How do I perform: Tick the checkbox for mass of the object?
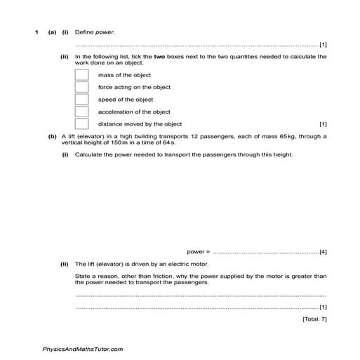click(81, 74)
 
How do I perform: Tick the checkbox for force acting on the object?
click(81, 87)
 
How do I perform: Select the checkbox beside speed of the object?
click(81, 99)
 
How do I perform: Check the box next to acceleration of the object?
click(81, 112)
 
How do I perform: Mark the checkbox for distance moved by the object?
click(81, 124)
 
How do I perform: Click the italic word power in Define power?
click(105, 32)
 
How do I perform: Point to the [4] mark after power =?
click(323, 251)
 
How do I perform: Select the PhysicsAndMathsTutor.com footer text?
click(83, 349)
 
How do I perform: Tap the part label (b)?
click(52, 136)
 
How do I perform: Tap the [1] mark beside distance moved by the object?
click(323, 124)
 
